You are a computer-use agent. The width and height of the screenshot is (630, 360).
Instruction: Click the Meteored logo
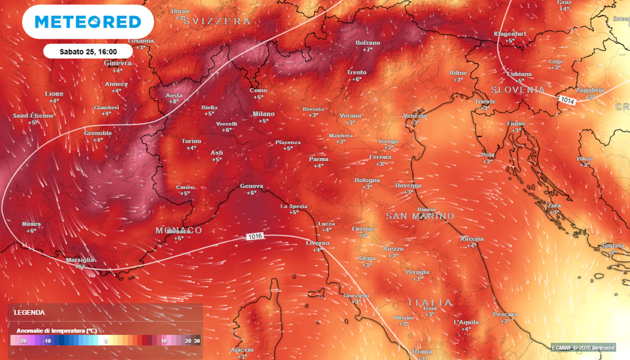click(x=87, y=22)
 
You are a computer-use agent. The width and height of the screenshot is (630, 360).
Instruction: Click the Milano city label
click(x=263, y=114)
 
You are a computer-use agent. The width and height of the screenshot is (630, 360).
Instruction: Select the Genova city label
click(x=251, y=186)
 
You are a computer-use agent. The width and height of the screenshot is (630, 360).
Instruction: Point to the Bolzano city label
click(x=368, y=43)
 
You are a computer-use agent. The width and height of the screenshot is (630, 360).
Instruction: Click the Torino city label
click(x=191, y=141)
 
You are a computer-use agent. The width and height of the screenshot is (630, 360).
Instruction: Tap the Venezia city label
click(x=415, y=116)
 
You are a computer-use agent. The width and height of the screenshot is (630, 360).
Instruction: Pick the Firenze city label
click(x=362, y=229)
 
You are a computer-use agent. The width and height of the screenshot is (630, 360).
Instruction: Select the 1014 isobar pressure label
click(x=567, y=100)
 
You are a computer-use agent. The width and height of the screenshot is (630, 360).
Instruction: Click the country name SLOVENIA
click(x=517, y=90)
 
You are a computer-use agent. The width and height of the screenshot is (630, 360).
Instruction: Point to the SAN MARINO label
click(x=420, y=217)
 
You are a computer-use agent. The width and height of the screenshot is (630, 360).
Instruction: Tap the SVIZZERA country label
click(x=221, y=21)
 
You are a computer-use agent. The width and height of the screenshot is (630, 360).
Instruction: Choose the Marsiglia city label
click(x=80, y=260)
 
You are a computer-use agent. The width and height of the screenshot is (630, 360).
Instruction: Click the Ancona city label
click(x=472, y=239)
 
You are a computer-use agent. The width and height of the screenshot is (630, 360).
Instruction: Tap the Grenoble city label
click(x=98, y=133)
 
